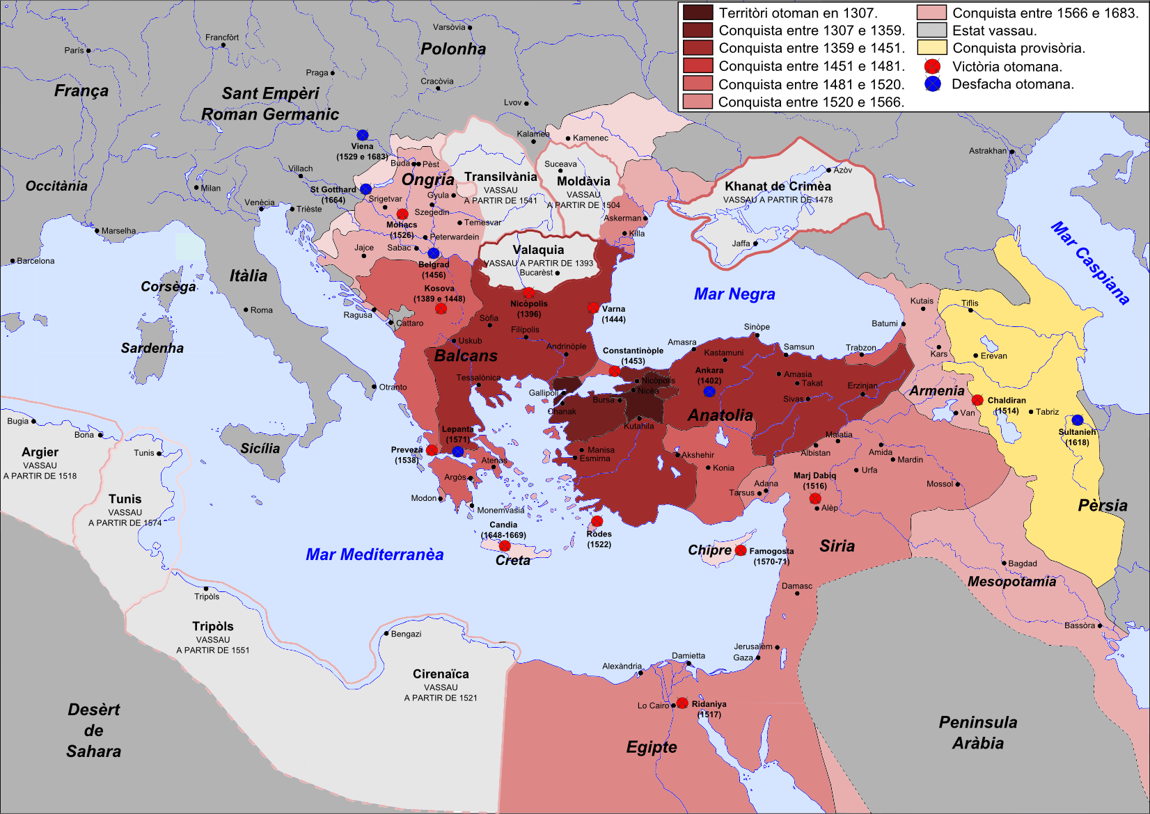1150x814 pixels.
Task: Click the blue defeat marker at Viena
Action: coord(363,135)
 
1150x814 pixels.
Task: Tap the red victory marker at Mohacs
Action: coord(402,214)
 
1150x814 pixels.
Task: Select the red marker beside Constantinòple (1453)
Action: coord(615,371)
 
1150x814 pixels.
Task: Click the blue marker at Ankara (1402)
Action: coord(709,392)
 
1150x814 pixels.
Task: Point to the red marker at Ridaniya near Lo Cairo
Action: coord(682,703)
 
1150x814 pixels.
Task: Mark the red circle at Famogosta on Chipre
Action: coord(741,550)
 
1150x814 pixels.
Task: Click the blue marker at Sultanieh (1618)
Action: coord(1078,420)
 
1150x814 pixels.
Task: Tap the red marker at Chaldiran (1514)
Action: coord(977,400)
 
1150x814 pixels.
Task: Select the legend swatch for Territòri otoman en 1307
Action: coord(698,13)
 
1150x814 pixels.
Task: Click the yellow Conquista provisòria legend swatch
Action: coord(931,48)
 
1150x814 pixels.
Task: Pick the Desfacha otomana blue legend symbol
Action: coord(933,84)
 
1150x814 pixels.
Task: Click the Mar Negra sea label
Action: coord(734,294)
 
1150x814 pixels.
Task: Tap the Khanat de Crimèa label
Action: coord(778,186)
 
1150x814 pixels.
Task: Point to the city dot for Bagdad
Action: coord(1004,563)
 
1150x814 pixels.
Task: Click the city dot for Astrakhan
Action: coord(1012,151)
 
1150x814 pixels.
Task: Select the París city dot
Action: coord(88,51)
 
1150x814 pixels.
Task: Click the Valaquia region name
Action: coord(538,250)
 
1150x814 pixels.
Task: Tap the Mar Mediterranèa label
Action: coord(375,554)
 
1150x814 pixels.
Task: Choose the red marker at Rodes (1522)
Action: coord(597,521)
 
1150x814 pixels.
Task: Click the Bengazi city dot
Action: coord(386,633)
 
